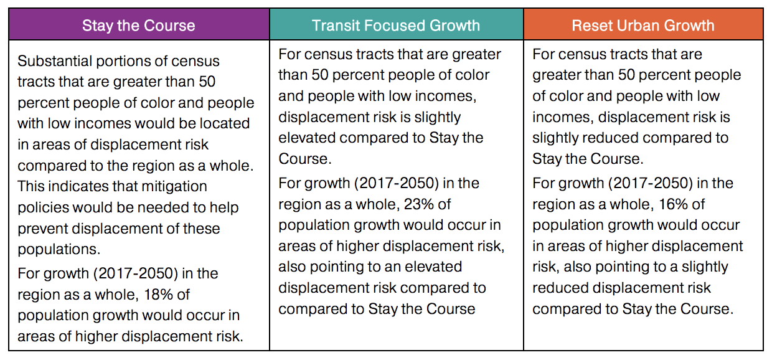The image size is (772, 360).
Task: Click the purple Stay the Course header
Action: coord(139,26)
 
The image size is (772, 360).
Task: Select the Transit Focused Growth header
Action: coord(396,26)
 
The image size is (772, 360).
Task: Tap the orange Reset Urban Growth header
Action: coord(643,26)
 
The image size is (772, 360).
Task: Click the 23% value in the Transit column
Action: coord(435,204)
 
